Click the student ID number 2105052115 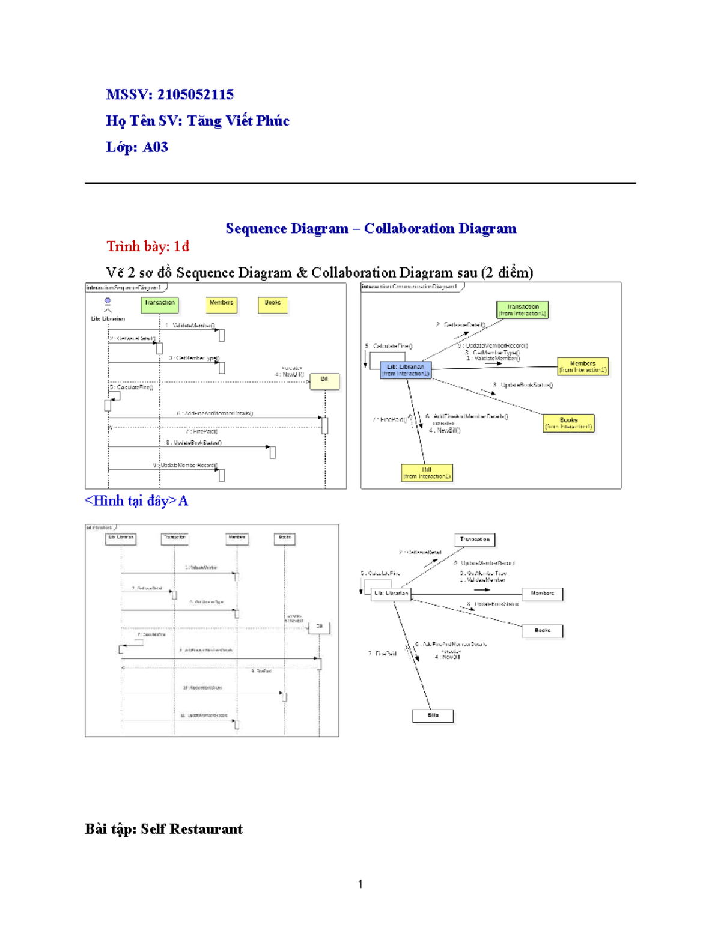(195, 94)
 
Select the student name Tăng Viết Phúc (239, 121)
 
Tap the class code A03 (155, 147)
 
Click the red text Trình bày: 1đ (148, 246)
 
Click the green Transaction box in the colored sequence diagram (160, 305)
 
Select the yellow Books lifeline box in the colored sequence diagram (273, 305)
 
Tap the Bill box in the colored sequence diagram (324, 381)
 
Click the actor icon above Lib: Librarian (108, 302)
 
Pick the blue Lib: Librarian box (406, 370)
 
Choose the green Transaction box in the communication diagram (523, 310)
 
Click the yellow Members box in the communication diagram (583, 366)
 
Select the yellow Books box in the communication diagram (568, 423)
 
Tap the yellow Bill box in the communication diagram (427, 473)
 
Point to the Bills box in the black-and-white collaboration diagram (433, 716)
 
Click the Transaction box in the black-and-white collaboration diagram (475, 539)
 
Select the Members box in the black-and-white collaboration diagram (543, 594)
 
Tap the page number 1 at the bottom (360, 884)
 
